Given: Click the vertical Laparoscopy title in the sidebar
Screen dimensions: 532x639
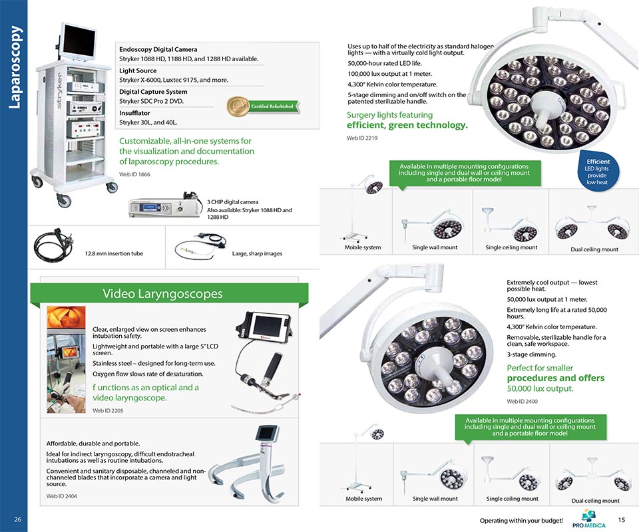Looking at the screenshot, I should coord(15,66).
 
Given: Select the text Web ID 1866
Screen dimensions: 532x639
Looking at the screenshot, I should coord(134,174).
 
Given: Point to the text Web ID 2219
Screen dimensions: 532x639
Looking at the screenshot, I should coord(362,138).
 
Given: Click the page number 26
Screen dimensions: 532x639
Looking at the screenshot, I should coord(17,519).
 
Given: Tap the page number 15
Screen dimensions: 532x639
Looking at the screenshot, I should coord(622,519).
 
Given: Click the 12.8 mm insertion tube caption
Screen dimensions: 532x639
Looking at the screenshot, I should coord(114,253).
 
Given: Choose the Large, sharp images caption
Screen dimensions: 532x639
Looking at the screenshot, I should coord(257,253).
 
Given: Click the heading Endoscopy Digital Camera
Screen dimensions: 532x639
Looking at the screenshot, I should coord(158,50).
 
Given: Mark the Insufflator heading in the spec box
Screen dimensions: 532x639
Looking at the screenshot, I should coord(138,113).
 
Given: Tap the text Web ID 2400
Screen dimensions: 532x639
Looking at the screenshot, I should coord(522,401).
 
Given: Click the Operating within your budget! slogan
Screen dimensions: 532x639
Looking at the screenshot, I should coord(521,520).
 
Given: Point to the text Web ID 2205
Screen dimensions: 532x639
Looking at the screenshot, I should coord(108,410).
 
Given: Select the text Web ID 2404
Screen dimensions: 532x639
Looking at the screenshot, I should coord(61,496).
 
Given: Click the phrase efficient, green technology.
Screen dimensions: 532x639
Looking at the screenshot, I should coord(407,125).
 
